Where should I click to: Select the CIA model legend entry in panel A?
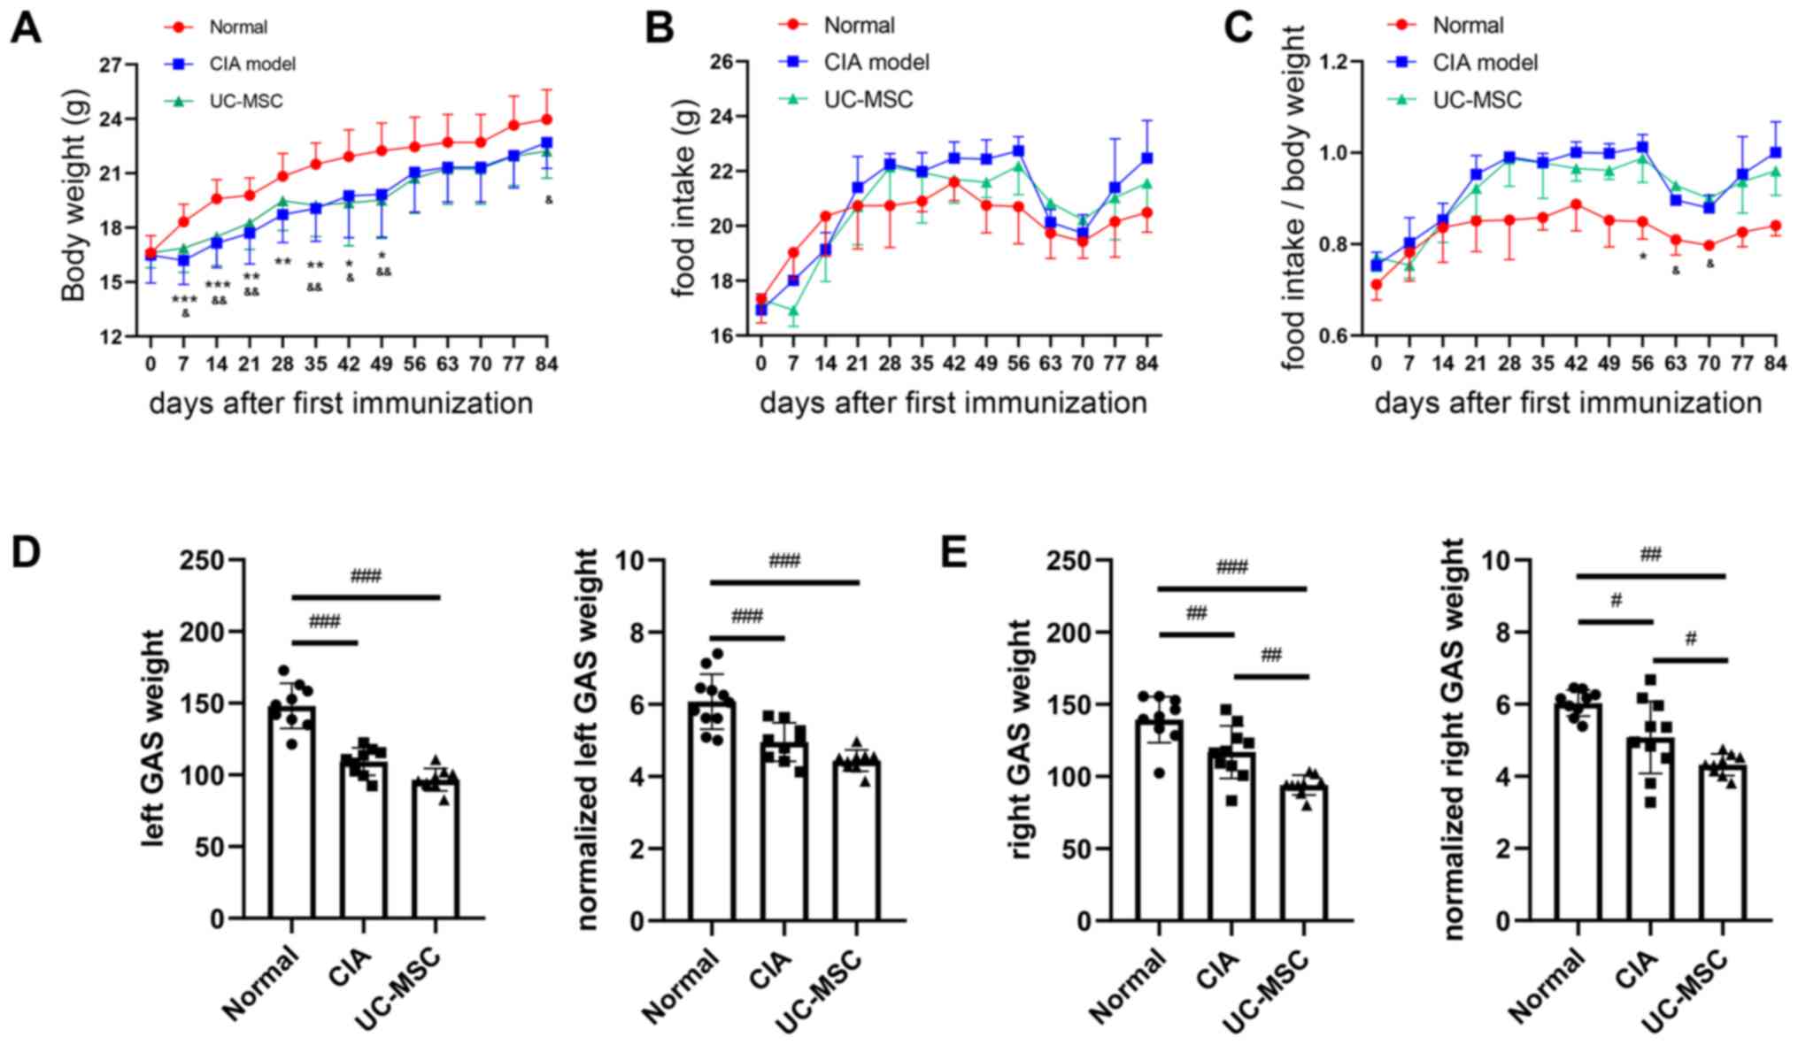(x=252, y=65)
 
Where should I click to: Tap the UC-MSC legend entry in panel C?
(x=1477, y=100)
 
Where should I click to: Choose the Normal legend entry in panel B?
(x=859, y=26)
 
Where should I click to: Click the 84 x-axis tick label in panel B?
(x=1146, y=363)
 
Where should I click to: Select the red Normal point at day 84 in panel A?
(x=547, y=119)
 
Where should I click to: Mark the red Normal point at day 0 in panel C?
(x=1376, y=285)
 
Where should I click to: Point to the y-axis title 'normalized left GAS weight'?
(x=587, y=739)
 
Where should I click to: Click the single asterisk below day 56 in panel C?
(x=1643, y=257)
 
